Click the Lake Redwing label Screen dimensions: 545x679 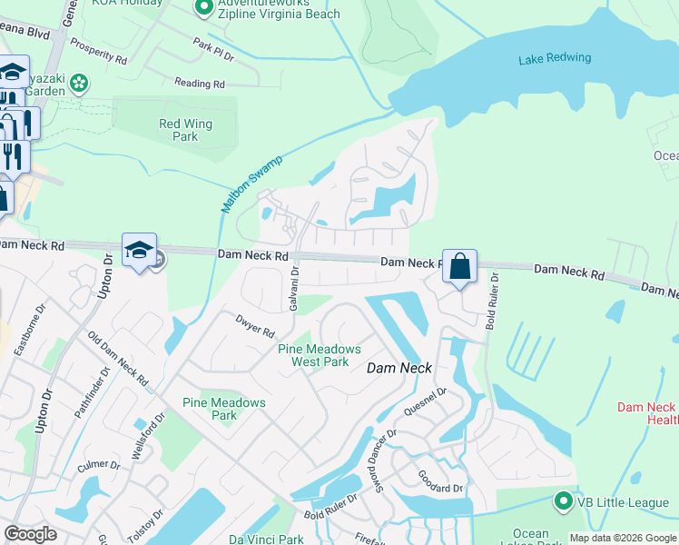(554, 59)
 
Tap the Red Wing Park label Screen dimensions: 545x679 (185, 130)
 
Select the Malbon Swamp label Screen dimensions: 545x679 (251, 184)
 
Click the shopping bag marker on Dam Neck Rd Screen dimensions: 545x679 (459, 267)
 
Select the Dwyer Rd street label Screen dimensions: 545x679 (254, 324)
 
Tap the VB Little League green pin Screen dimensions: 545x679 (563, 500)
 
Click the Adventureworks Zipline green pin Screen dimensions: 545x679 (203, 9)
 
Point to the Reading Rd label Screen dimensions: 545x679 (200, 84)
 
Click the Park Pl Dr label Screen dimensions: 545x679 (214, 49)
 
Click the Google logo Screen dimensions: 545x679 (31, 533)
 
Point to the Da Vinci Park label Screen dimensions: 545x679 (266, 540)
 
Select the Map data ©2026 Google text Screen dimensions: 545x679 (623, 538)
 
